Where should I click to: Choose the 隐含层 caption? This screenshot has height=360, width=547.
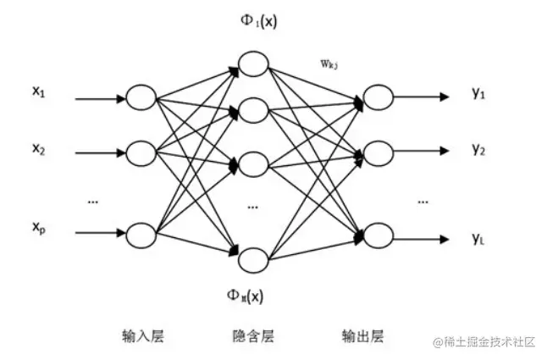(253, 335)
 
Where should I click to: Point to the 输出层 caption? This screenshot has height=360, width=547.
(368, 335)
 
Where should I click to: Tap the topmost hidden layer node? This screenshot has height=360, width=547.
(253, 64)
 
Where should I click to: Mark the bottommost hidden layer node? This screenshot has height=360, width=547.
(253, 258)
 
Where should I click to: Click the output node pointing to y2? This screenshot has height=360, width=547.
(377, 154)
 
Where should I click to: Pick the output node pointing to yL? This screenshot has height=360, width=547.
(377, 235)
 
